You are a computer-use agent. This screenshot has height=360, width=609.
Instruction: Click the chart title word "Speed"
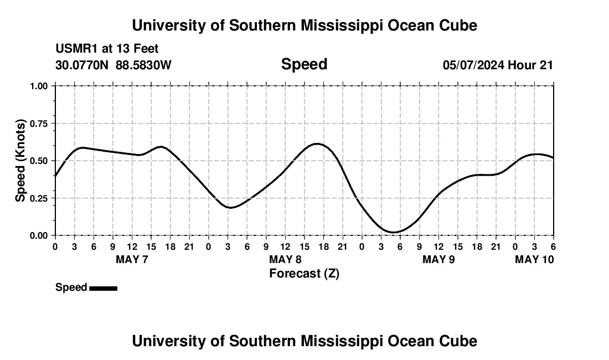pyautogui.click(x=304, y=64)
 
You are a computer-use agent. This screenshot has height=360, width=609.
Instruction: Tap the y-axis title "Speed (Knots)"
pyautogui.click(x=20, y=161)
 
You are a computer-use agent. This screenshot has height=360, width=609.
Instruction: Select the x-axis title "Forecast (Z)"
pyautogui.click(x=304, y=273)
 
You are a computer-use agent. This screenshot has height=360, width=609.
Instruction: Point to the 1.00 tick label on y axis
pyautogui.click(x=40, y=86)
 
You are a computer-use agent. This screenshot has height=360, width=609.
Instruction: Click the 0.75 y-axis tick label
pyautogui.click(x=40, y=124)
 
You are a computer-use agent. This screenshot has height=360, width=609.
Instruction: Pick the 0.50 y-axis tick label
pyautogui.click(x=40, y=161)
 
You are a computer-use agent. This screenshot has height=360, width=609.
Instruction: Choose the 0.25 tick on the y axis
pyautogui.click(x=40, y=198)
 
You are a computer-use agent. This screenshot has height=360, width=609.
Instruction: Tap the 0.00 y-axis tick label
pyautogui.click(x=40, y=235)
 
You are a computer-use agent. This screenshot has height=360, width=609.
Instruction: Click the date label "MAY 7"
pyautogui.click(x=132, y=259)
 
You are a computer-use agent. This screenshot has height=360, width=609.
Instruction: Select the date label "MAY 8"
pyautogui.click(x=285, y=259)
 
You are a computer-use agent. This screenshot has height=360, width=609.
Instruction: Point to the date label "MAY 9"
pyautogui.click(x=438, y=259)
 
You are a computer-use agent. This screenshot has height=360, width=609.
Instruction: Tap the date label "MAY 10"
pyautogui.click(x=534, y=259)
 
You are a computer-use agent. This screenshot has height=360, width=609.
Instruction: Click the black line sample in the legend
pyautogui.click(x=103, y=288)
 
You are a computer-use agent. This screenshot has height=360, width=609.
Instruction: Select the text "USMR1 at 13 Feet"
pyautogui.click(x=107, y=49)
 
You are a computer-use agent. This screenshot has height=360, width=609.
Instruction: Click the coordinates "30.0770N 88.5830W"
pyautogui.click(x=113, y=65)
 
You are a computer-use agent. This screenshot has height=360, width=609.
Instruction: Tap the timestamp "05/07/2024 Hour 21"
pyautogui.click(x=498, y=65)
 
